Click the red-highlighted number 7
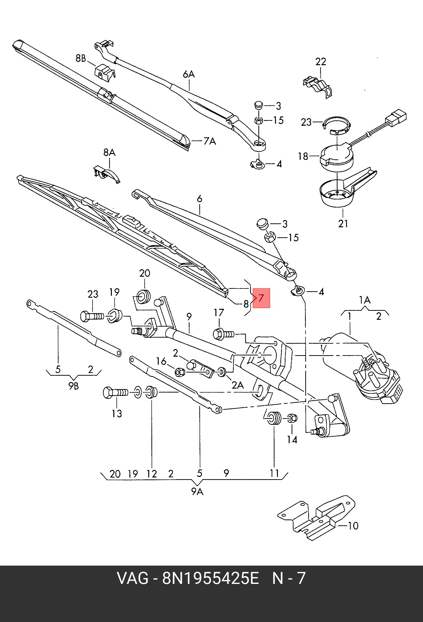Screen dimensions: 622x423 point(261,298)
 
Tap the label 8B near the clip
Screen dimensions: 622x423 point(81,58)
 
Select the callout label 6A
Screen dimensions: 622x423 point(189,74)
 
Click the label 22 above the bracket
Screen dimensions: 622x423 point(321,62)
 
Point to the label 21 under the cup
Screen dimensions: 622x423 point(343,223)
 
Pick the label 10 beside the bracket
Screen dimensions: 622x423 point(353,526)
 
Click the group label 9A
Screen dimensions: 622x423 point(197,492)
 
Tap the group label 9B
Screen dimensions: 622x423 point(73,386)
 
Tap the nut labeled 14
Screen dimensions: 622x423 point(292,418)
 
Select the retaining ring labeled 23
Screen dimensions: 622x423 point(337,125)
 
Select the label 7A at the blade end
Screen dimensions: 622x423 point(209,141)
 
